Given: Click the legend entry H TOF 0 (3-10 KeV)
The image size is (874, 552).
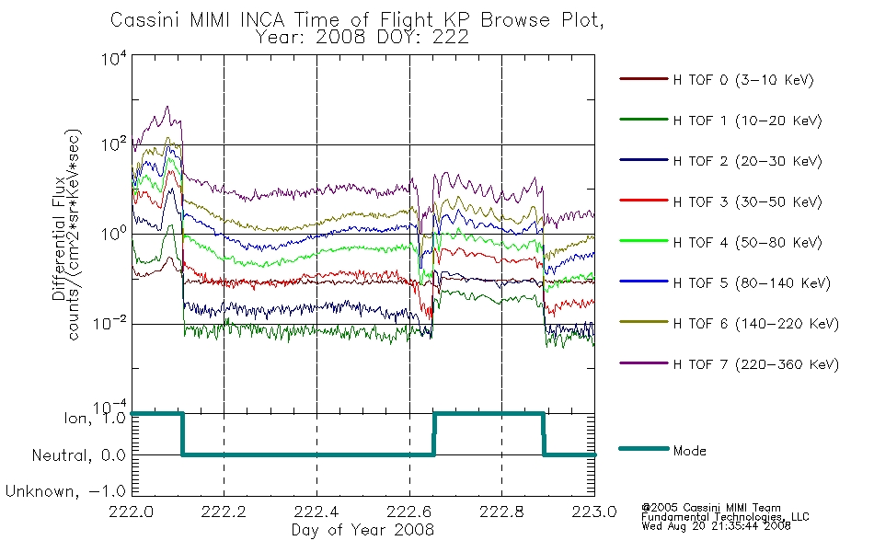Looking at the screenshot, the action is click(x=743, y=80).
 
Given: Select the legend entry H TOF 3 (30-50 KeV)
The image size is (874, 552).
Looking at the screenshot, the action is click(x=747, y=201).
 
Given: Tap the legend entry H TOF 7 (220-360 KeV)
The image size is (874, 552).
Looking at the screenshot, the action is click(x=756, y=364).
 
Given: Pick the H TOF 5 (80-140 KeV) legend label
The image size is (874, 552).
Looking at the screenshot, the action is click(x=752, y=283).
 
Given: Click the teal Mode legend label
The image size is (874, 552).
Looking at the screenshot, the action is click(x=689, y=451).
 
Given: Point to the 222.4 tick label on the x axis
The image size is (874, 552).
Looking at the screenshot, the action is click(x=316, y=512).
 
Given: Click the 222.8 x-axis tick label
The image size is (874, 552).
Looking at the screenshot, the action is click(x=501, y=512).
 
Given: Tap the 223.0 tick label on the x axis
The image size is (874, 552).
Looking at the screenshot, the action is click(x=594, y=512).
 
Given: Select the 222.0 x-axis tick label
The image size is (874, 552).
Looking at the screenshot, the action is click(x=132, y=512).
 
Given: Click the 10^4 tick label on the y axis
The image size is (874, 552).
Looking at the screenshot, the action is click(x=114, y=59).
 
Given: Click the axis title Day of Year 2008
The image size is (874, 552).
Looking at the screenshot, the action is click(x=362, y=530).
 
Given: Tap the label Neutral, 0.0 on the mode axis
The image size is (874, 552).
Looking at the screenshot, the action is click(x=78, y=455).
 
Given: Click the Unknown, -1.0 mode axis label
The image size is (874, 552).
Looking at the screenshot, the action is click(x=65, y=491).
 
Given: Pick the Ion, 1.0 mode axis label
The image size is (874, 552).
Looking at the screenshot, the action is click(x=95, y=419).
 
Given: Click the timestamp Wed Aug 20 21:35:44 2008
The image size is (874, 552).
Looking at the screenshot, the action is click(x=717, y=526).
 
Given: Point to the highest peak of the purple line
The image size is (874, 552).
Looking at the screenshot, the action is click(x=167, y=106).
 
